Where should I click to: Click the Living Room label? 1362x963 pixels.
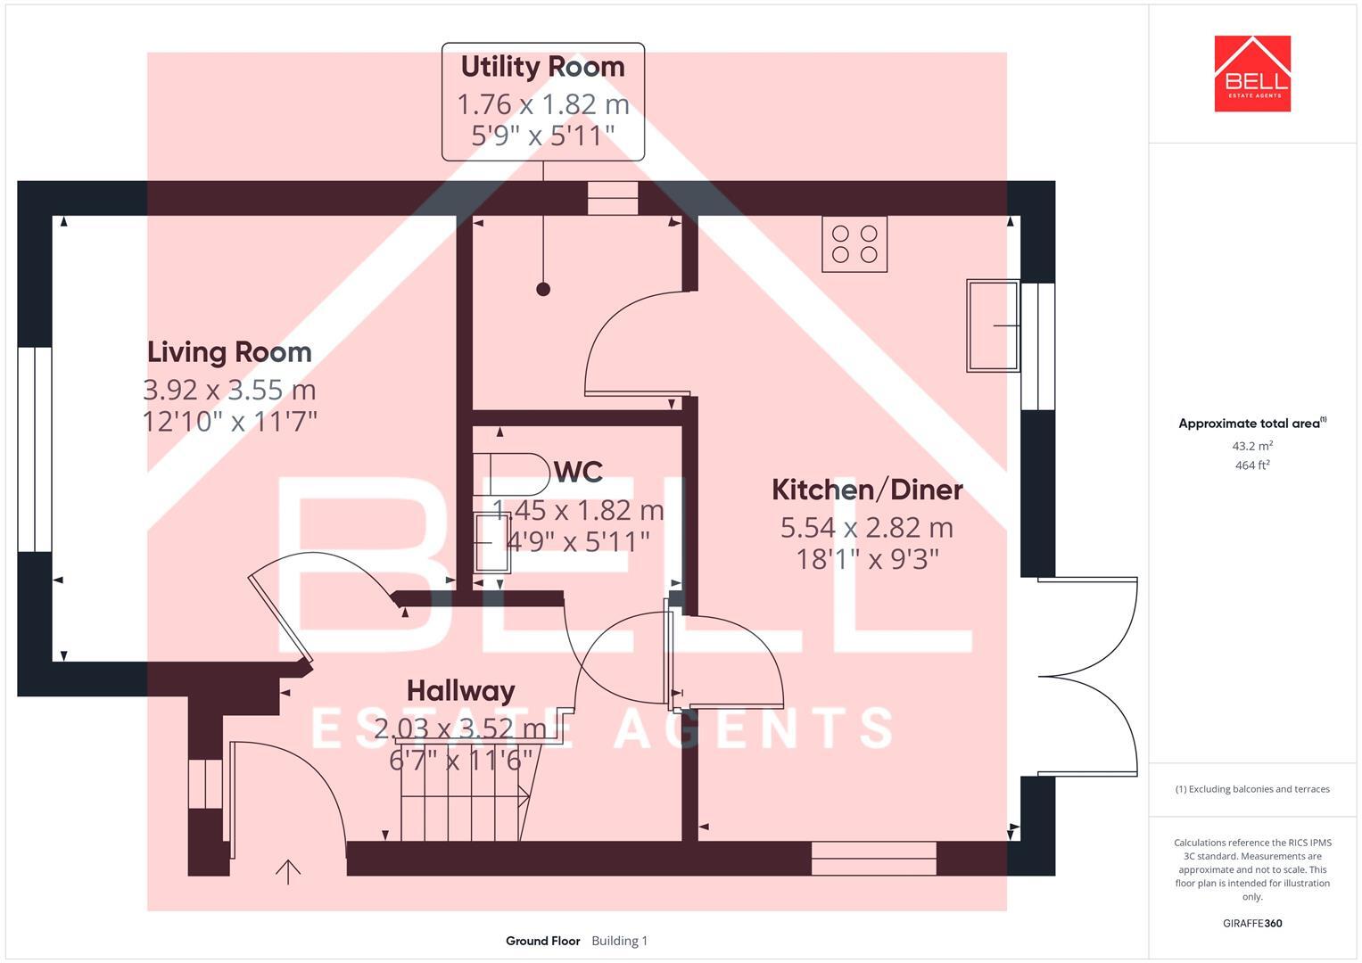point(229,352)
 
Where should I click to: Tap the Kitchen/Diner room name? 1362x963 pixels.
point(866,490)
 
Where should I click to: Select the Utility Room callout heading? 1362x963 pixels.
point(542,67)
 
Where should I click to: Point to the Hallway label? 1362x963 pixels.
point(460,691)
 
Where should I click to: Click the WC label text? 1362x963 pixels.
point(578,472)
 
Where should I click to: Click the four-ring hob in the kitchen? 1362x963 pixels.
point(854,244)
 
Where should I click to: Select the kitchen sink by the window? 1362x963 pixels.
point(993,325)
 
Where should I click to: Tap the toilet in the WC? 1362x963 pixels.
point(512,474)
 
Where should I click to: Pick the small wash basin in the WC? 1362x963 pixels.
point(491,542)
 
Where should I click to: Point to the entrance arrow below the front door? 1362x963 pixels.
point(287,871)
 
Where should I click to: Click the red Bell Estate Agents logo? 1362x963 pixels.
point(1252,74)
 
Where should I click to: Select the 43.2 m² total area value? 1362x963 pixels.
point(1252,446)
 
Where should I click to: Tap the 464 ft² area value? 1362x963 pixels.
point(1252,465)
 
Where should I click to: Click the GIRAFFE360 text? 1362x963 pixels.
point(1252,923)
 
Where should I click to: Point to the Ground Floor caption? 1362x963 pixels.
point(542,941)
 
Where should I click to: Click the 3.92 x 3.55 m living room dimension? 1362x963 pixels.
point(229,390)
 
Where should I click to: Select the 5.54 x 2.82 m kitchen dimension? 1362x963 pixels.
point(866,528)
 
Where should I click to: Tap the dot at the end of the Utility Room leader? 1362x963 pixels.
point(543,289)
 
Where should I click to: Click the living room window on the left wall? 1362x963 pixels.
point(35,449)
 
